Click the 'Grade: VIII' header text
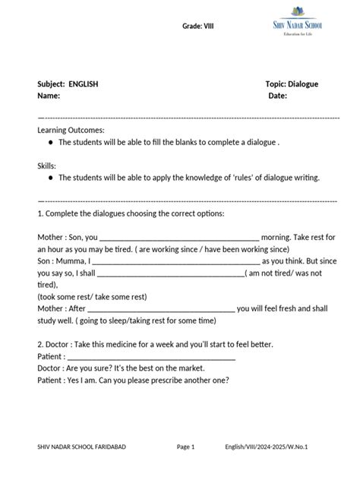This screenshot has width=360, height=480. point(198,27)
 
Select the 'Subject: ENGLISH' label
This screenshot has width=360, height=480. point(68,84)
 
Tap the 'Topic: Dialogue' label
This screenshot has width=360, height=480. point(292,84)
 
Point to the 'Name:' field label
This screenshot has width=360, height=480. point(49,96)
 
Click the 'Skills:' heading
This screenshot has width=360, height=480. point(47,165)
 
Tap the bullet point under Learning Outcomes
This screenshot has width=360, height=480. point(50,142)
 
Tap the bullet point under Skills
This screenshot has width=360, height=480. point(50,177)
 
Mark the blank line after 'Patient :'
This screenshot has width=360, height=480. point(152,356)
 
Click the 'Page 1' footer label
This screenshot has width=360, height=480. point(186,447)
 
